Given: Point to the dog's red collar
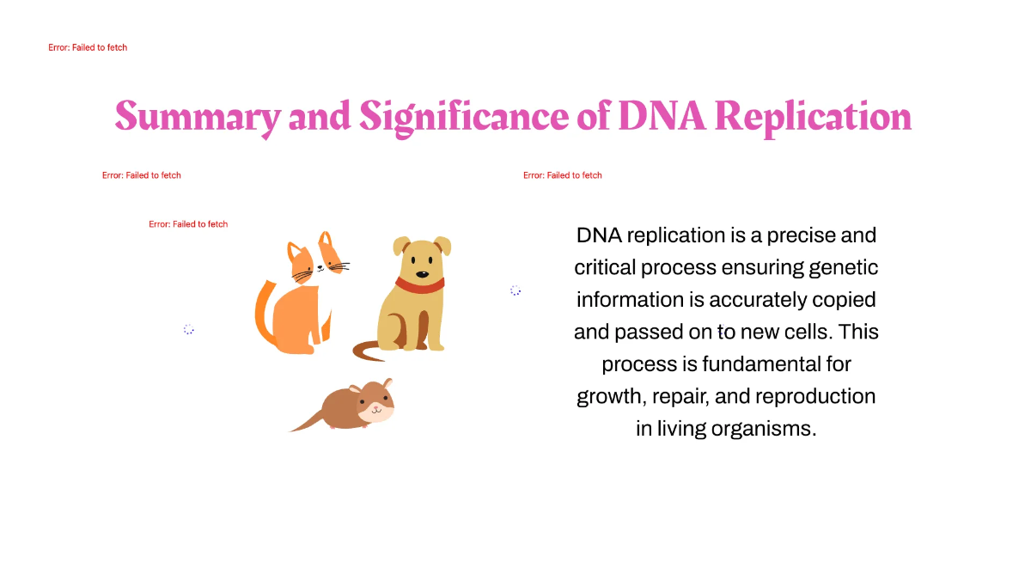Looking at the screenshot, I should click(419, 284).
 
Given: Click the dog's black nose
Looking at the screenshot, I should click(422, 275).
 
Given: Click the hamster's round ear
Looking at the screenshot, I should click(387, 382).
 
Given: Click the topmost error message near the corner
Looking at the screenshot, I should click(88, 47).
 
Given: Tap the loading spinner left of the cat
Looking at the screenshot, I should click(189, 329).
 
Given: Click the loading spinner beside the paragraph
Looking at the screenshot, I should click(515, 290).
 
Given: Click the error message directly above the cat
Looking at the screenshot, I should click(188, 224).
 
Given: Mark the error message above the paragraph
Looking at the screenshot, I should click(563, 175).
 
